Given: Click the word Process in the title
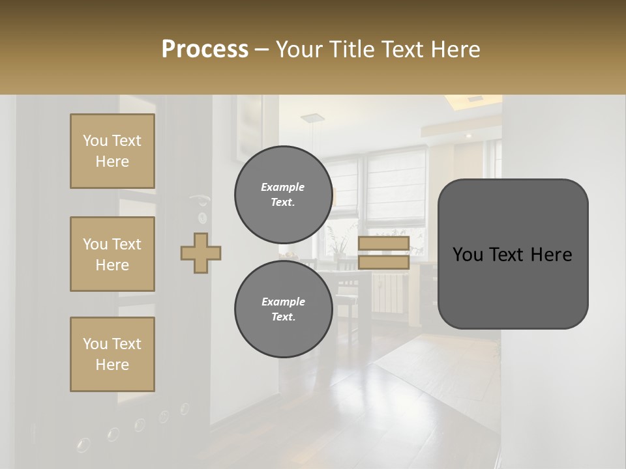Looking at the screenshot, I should [x=205, y=50].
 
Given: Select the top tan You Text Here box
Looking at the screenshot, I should [x=112, y=151].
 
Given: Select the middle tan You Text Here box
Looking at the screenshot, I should [x=112, y=254].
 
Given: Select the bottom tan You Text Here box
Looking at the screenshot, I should [x=112, y=354].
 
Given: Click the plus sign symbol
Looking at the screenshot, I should [x=201, y=253].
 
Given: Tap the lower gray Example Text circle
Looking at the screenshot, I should [x=283, y=309].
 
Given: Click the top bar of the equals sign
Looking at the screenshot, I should [x=383, y=244].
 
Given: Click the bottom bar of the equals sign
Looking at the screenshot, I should [x=383, y=262].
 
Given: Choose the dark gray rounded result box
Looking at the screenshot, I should [x=513, y=253].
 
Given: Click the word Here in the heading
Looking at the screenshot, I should [x=456, y=50].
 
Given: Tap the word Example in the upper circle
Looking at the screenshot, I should [x=283, y=187].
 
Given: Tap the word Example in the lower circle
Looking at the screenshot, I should [x=283, y=302].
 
